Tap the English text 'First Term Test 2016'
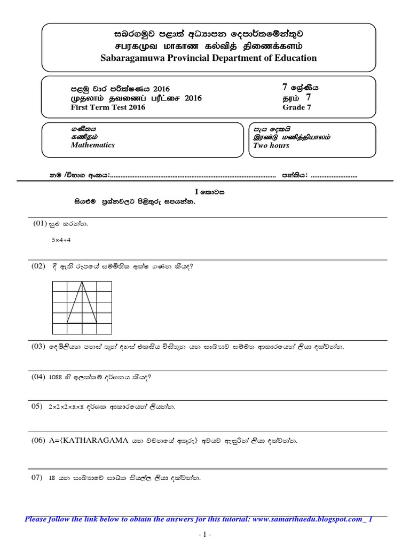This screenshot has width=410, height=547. pyautogui.click(x=108, y=107)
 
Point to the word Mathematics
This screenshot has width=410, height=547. pyautogui.click(x=92, y=145)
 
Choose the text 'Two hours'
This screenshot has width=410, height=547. pyautogui.click(x=271, y=145)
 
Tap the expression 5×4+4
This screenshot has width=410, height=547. pyautogui.click(x=61, y=240)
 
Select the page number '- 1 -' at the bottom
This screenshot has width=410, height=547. pyautogui.click(x=205, y=534)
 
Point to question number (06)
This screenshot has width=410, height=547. pyautogui.click(x=40, y=441)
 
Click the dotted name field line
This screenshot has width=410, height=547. pyautogui.click(x=192, y=175)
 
